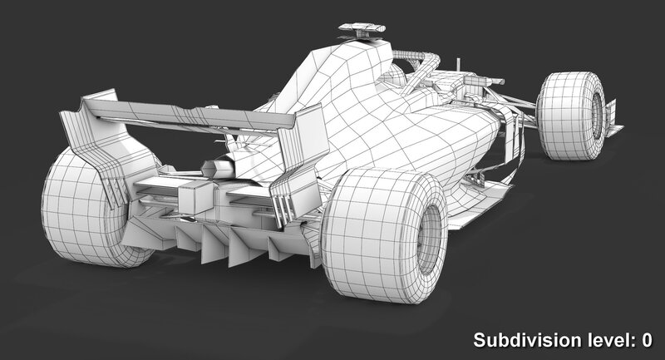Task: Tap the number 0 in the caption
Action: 647,340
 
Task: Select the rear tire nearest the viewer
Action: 384,234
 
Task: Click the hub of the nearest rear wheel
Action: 428,239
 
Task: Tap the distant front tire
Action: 571,116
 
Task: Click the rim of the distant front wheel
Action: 597,116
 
